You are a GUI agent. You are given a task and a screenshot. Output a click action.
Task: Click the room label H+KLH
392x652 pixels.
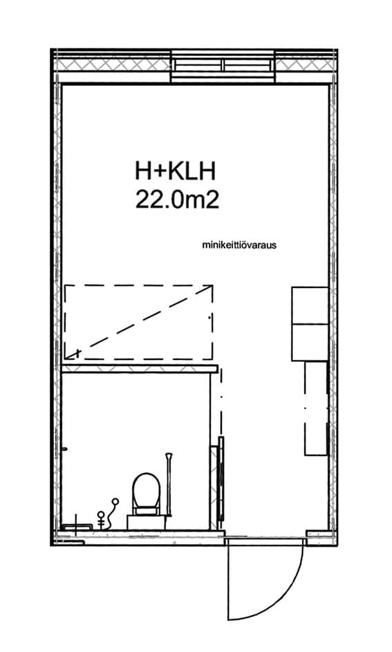click(175, 172)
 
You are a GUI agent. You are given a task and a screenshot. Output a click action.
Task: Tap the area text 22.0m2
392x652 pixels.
click(177, 200)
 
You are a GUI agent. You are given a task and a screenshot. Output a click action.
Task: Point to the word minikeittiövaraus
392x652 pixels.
click(239, 245)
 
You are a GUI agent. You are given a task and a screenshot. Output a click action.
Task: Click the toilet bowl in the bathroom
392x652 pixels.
click(147, 490)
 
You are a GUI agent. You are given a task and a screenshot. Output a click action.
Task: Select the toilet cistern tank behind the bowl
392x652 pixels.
click(147, 521)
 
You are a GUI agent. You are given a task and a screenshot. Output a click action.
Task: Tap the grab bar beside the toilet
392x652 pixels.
click(169, 485)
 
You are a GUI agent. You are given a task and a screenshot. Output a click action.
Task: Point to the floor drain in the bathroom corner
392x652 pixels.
click(76, 527)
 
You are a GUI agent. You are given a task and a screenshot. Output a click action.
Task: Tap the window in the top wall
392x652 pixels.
click(223, 66)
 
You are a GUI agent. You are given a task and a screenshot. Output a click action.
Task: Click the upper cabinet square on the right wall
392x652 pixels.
click(310, 305)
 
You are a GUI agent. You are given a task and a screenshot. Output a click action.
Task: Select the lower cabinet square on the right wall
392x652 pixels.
click(310, 342)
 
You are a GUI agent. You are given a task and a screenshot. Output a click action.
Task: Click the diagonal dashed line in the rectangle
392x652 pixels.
click(140, 321)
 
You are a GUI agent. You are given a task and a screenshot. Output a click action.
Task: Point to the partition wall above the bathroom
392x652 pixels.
click(140, 368)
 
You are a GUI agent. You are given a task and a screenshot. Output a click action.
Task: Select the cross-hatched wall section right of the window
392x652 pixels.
click(304, 65)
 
